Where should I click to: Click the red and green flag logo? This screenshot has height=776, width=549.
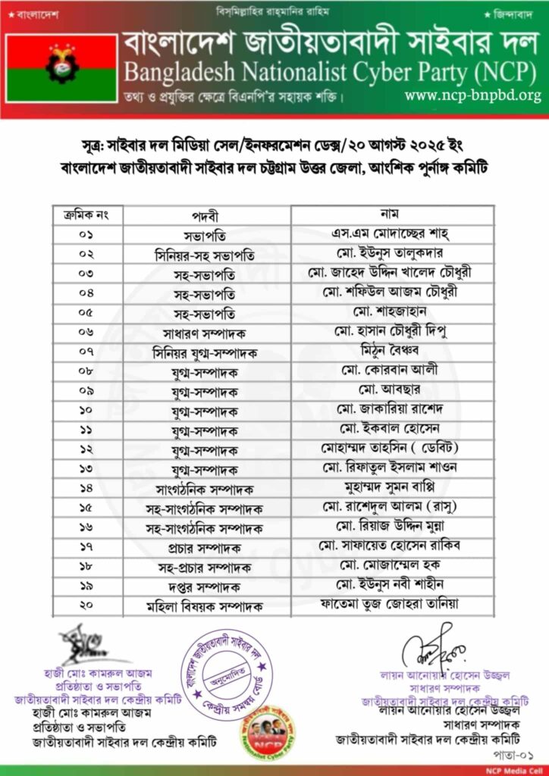pyautogui.click(x=61, y=66)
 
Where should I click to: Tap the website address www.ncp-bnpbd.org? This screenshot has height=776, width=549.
pyautogui.click(x=472, y=95)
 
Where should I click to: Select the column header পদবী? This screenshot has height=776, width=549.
pyautogui.click(x=207, y=214)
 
